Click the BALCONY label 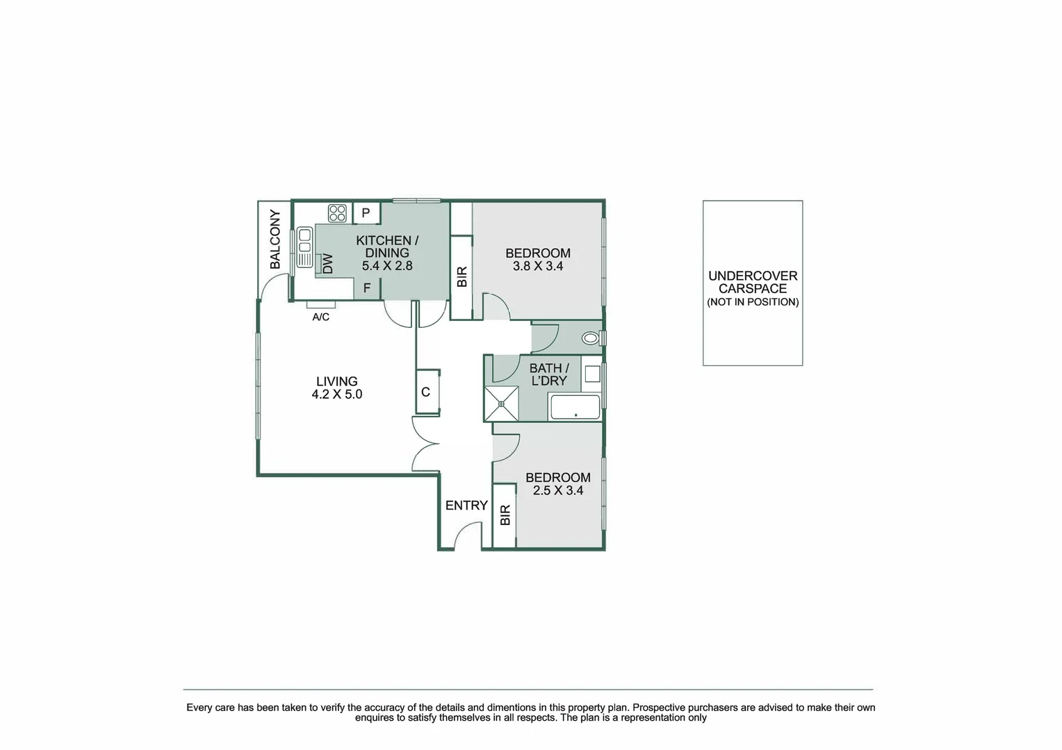[275, 240]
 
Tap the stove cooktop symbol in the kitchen [338, 213]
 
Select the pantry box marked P [366, 213]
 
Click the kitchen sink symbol [304, 247]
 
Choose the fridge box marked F [367, 288]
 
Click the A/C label [320, 317]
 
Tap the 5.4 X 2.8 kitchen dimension [387, 265]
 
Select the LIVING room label [337, 381]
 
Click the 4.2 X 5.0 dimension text [337, 394]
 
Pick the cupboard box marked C [426, 392]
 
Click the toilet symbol [591, 338]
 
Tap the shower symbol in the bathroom [501, 403]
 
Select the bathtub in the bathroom [575, 407]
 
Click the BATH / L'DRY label [549, 374]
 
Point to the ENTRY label [466, 506]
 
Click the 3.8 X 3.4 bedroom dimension [538, 266]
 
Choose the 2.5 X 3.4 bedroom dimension [557, 490]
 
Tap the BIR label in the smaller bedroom [505, 515]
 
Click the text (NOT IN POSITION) [753, 302]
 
